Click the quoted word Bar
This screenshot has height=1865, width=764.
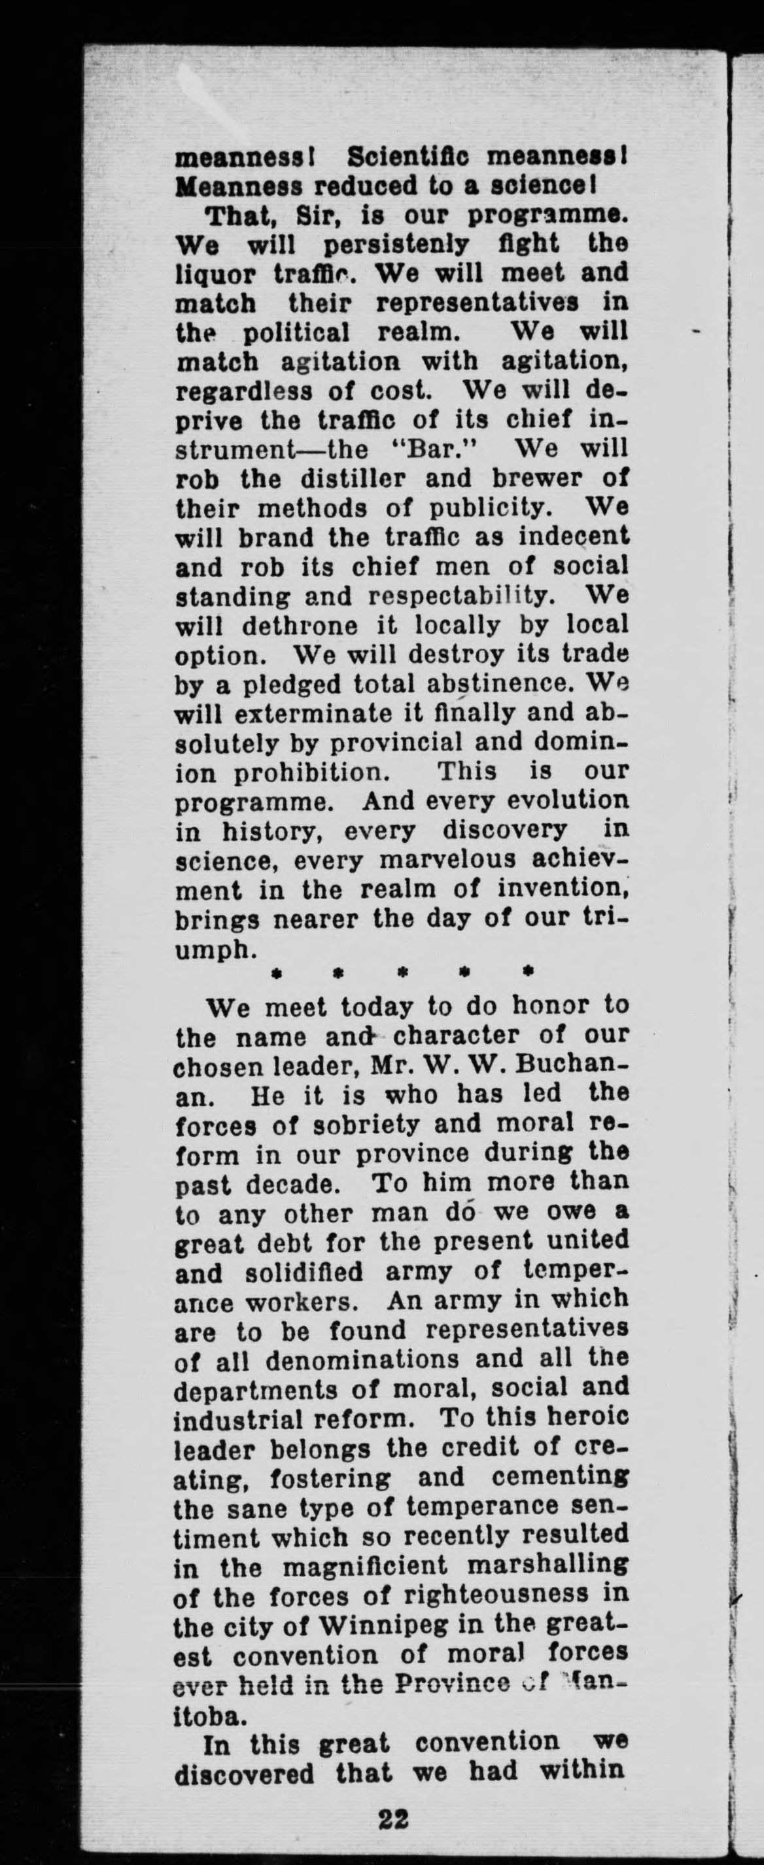tap(434, 450)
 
